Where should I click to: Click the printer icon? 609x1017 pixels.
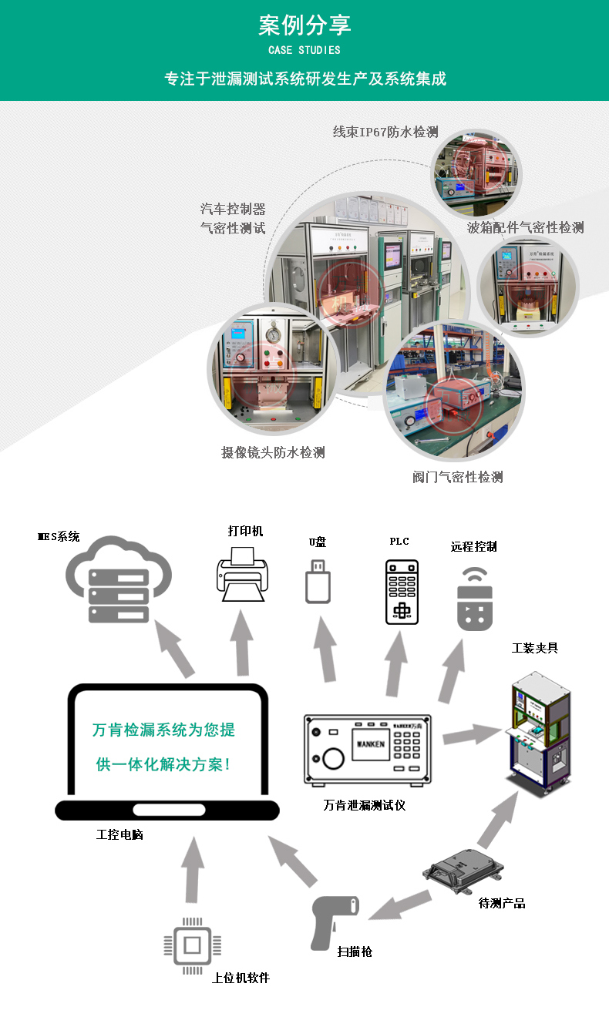(242, 574)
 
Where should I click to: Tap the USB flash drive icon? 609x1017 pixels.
(318, 582)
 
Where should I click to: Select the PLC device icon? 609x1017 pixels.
(402, 592)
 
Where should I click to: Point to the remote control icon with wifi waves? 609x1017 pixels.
(475, 599)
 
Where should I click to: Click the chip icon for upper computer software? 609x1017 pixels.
(192, 945)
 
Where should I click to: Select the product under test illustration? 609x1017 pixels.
(463, 871)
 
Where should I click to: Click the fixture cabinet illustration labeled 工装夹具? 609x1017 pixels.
(539, 734)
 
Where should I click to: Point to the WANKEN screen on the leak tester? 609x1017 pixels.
(371, 744)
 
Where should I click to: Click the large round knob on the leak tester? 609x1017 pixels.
(333, 758)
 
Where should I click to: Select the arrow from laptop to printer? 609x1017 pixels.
(242, 643)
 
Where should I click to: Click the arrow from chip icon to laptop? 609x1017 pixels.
(193, 869)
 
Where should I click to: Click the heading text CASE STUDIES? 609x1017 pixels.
(304, 50)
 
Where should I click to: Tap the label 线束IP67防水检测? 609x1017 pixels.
(385, 132)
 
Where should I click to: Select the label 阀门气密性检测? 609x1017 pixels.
(458, 477)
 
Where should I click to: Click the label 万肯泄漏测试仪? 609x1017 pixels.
(364, 805)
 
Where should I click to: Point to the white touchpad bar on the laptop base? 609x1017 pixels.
(169, 810)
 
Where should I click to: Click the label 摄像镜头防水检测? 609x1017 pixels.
(273, 452)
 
